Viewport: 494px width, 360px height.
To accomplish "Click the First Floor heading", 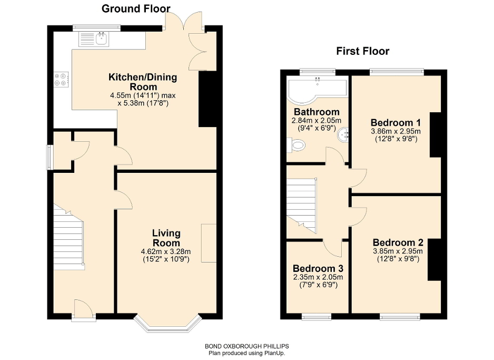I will [x=363, y=51].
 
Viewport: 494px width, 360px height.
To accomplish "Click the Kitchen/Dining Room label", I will [x=143, y=82].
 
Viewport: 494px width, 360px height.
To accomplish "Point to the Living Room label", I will [x=166, y=238].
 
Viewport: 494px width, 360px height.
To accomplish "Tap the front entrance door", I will [x=83, y=310].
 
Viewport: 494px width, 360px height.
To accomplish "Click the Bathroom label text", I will [x=317, y=112].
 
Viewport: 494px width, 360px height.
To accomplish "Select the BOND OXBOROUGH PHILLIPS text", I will [x=246, y=346].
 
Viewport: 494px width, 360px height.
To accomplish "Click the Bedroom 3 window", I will [x=317, y=317].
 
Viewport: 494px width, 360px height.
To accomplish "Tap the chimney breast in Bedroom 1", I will [x=435, y=134].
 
